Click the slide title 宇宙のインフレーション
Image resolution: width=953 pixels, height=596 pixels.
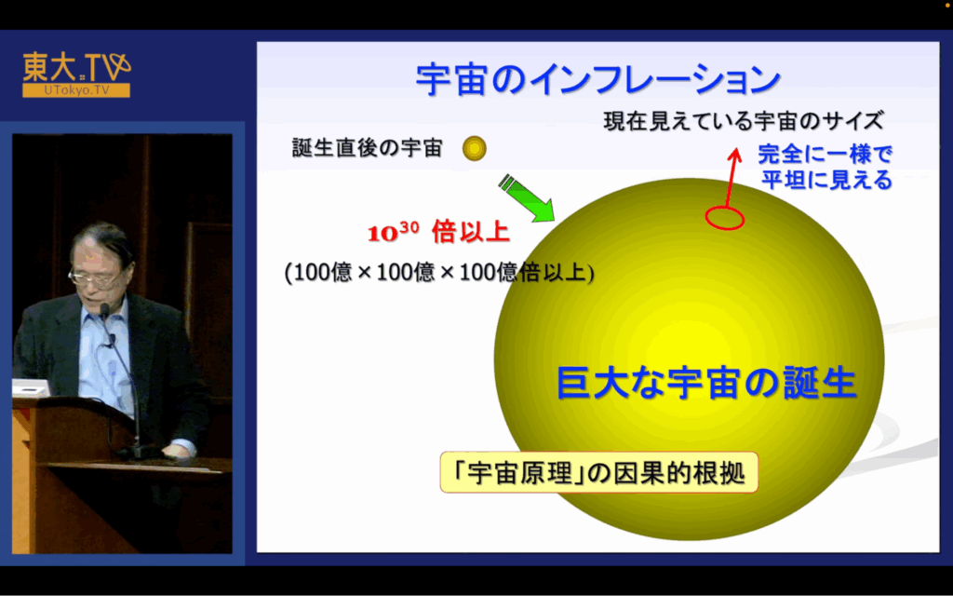click(598, 79)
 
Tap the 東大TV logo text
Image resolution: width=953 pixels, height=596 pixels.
click(76, 67)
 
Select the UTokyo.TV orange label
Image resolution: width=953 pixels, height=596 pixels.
click(76, 90)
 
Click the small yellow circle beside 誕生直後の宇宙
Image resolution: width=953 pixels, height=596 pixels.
click(474, 148)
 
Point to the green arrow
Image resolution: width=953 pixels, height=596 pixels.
click(527, 197)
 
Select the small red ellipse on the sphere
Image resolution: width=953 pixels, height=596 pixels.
click(724, 218)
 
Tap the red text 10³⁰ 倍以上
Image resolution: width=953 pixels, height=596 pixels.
click(438, 232)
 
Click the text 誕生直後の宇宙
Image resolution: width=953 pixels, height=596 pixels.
click(367, 148)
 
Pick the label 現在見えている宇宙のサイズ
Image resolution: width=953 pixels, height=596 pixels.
click(744, 121)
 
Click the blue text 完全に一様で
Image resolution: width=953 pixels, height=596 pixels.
click(825, 155)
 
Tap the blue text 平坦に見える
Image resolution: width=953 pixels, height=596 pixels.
click(826, 180)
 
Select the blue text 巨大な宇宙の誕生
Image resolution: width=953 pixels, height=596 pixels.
click(706, 383)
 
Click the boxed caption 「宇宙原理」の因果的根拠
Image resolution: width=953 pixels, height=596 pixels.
click(598, 472)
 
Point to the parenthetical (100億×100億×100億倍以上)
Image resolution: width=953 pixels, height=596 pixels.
click(439, 272)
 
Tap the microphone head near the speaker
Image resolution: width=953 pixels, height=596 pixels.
click(104, 312)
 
